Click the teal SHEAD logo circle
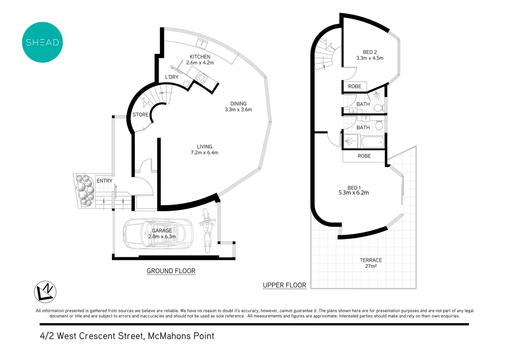42,42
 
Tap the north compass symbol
45,292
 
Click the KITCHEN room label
200,57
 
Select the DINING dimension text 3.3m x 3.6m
238,110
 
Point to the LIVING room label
204,147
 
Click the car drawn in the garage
158,234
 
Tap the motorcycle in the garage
207,231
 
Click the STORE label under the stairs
140,115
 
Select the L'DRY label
172,77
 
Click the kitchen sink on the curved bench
202,43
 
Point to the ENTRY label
104,181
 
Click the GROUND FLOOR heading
171,271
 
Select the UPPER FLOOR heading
284,285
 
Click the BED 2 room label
370,52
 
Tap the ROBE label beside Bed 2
354,87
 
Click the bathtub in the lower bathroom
373,142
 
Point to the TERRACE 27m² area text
371,263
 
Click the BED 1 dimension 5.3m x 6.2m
354,193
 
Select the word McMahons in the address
168,336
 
